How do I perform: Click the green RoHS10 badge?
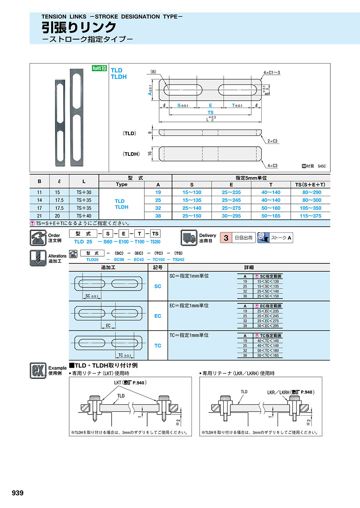click(x=99, y=68)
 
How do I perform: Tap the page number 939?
click(x=18, y=493)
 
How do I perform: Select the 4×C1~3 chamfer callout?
click(x=272, y=73)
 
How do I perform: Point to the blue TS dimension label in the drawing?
click(x=210, y=112)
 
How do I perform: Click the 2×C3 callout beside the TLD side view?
click(x=272, y=141)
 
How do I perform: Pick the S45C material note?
click(x=322, y=166)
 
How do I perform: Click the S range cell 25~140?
click(x=192, y=208)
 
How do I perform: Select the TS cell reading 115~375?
click(x=310, y=216)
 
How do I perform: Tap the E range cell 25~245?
click(x=231, y=200)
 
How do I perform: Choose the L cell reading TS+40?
click(x=84, y=216)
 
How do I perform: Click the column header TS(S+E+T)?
click(x=310, y=185)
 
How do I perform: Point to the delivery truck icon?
click(x=189, y=238)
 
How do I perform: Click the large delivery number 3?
click(x=226, y=238)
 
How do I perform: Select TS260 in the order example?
click(x=155, y=242)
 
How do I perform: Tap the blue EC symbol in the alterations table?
click(x=158, y=316)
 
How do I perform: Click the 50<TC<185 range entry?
click(x=268, y=355)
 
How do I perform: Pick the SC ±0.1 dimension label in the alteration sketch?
click(x=92, y=296)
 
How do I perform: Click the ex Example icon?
click(x=38, y=371)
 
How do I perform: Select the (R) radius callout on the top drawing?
click(x=154, y=72)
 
